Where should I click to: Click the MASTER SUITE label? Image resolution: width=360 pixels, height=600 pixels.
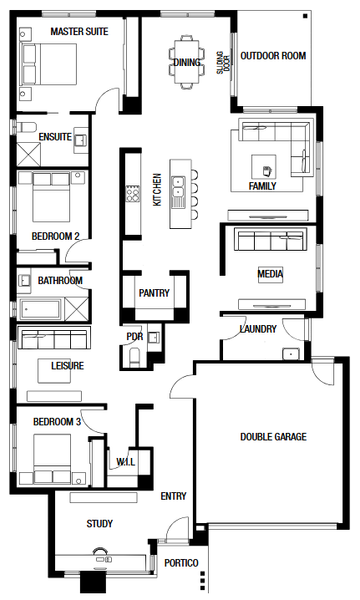79,32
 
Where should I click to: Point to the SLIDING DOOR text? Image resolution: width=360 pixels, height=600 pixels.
223,62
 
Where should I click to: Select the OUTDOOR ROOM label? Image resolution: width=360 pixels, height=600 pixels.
272,56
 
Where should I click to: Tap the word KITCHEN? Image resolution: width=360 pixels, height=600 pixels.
156,189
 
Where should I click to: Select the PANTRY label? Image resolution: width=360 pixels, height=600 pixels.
154,293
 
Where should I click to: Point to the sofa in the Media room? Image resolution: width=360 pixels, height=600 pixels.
267,241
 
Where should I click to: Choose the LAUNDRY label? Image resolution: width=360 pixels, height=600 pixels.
258,329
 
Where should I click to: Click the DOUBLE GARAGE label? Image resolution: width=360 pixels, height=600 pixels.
272,437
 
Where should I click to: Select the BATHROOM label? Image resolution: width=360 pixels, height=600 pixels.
60,281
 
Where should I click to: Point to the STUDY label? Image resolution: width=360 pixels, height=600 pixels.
99,523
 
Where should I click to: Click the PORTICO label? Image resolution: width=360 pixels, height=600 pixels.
181,563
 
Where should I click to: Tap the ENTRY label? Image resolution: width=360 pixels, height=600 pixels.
173,496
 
